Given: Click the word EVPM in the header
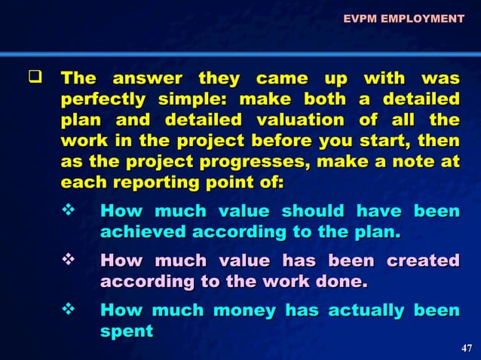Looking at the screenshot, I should coord(360,18).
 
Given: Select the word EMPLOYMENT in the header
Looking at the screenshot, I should coord(421,18).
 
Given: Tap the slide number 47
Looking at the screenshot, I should coord(466,347).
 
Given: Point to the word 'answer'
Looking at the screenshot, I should coord(147,78).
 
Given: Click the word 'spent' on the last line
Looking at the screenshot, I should coord(126,331).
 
